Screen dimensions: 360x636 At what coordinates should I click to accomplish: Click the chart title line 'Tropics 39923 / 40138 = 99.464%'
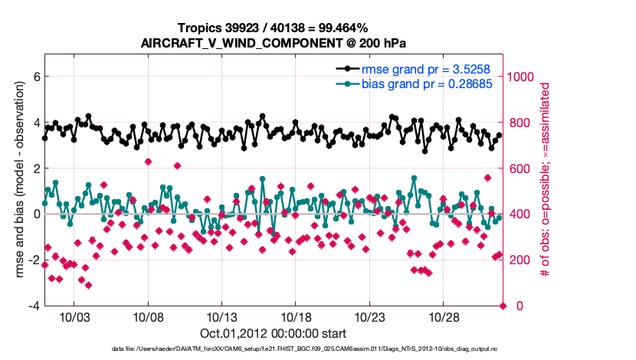pyautogui.click(x=273, y=28)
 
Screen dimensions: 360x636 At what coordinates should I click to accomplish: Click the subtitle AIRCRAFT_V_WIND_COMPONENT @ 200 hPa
pyautogui.click(x=273, y=43)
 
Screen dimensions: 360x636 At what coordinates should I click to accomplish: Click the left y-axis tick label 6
pyautogui.click(x=35, y=77)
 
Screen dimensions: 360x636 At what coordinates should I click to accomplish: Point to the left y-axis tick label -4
pyautogui.click(x=33, y=306)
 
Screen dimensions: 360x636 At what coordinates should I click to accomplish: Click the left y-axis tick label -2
pyautogui.click(x=33, y=260)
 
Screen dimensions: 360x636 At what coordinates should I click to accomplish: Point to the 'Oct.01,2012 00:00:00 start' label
pyautogui.click(x=273, y=333)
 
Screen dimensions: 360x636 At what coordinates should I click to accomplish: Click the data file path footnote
pyautogui.click(x=273, y=349)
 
